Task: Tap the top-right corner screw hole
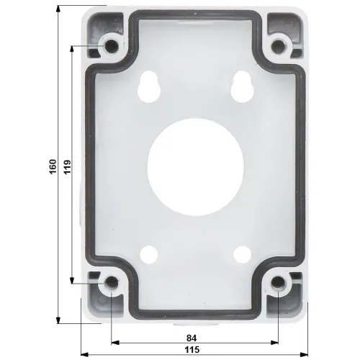tap(277, 47)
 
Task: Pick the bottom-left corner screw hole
tap(112, 287)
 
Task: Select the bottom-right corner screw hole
tap(277, 287)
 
